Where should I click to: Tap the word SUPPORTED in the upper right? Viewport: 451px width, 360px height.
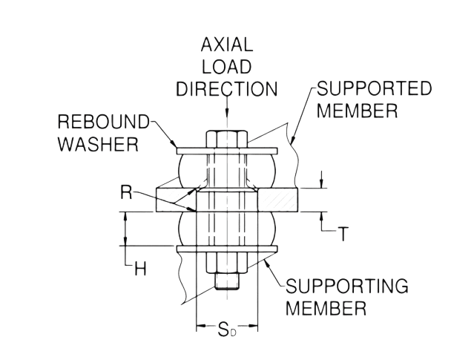pos(375,89)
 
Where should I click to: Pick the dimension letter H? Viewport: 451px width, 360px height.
pos(138,270)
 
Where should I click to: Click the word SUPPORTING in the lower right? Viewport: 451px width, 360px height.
pos(349,287)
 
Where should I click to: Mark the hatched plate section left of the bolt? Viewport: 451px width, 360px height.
pos(175,200)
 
